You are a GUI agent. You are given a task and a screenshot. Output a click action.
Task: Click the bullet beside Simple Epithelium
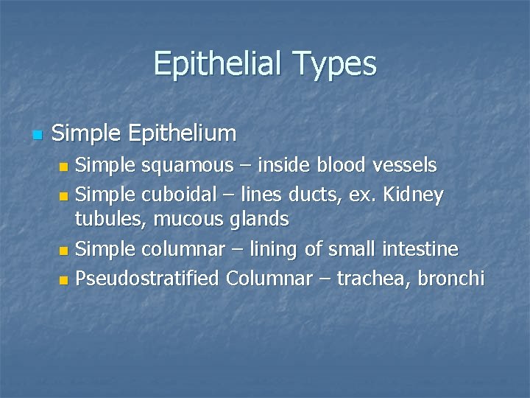coord(38,135)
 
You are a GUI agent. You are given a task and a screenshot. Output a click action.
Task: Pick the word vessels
coord(409,165)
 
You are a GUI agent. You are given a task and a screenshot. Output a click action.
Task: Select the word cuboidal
coord(174,195)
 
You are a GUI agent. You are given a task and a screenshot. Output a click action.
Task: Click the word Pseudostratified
coord(149,279)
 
